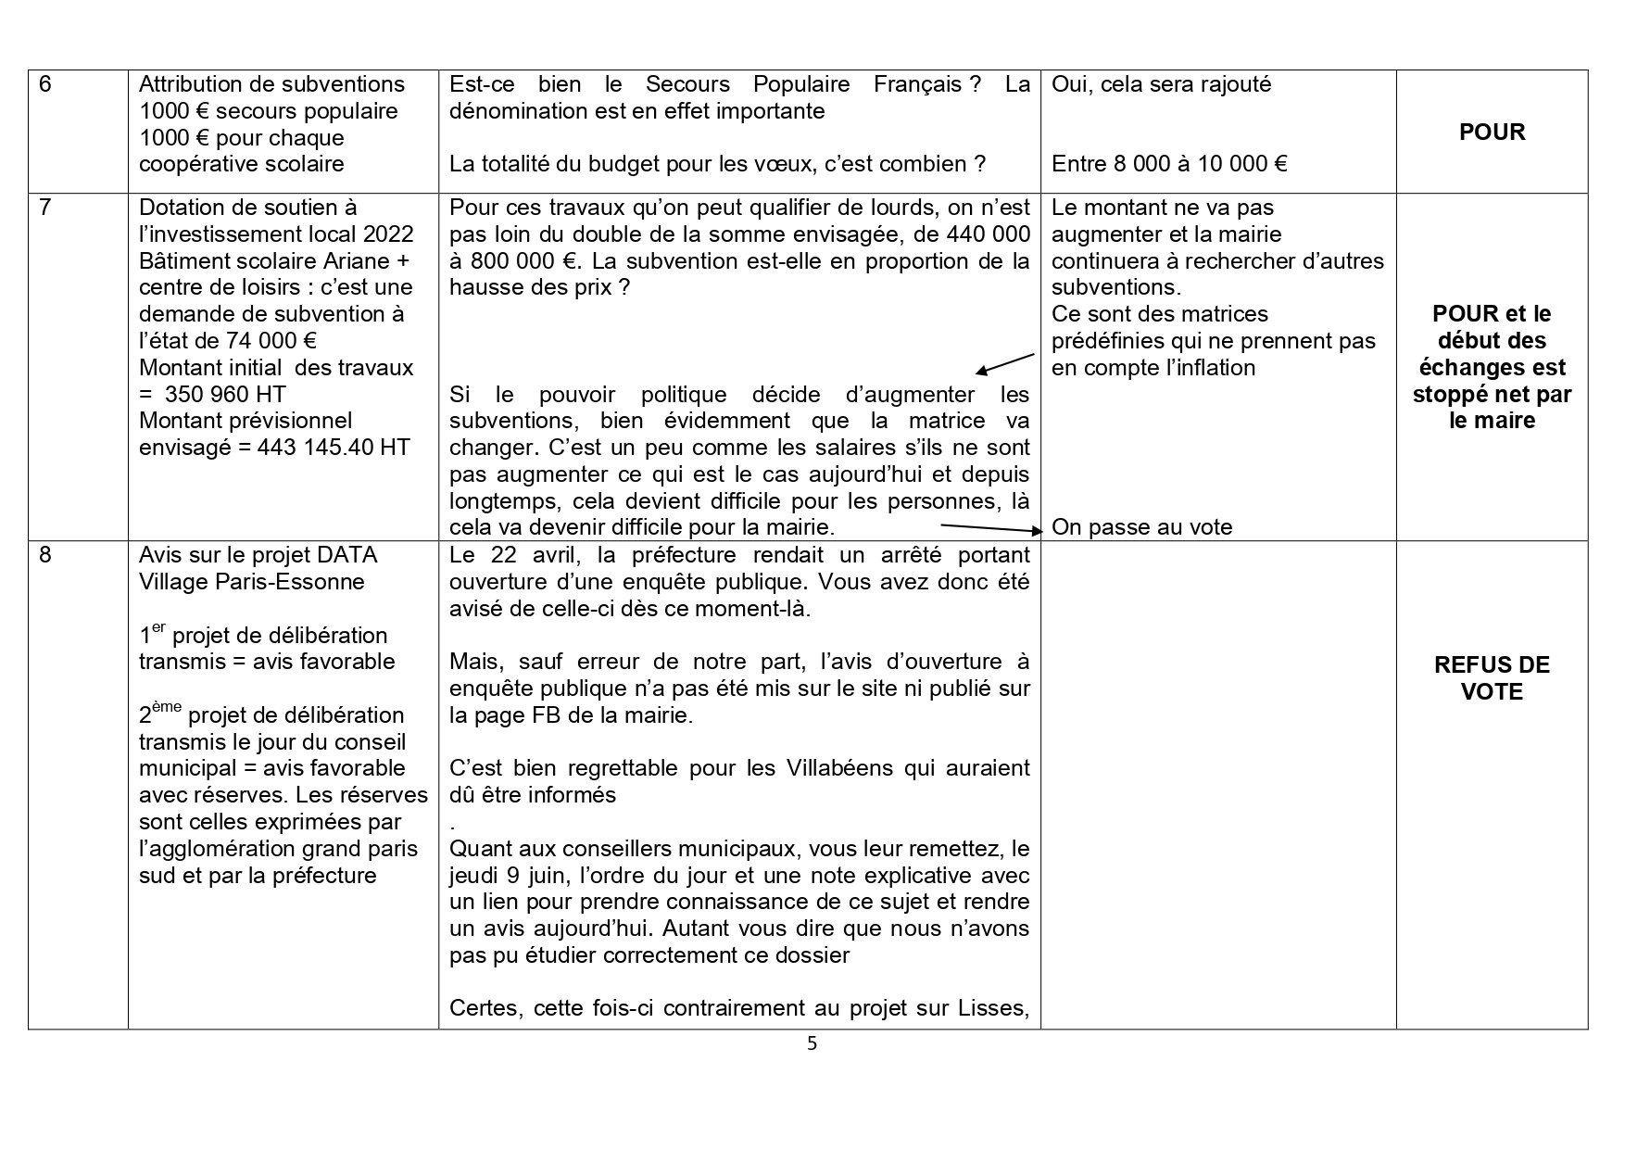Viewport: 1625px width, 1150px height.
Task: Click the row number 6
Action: (x=45, y=84)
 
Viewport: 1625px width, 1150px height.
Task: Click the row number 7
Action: (x=45, y=208)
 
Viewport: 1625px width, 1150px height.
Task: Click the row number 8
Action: (x=45, y=555)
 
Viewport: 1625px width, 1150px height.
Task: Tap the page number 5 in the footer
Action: (x=812, y=1044)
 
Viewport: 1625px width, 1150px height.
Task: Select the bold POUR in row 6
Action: (x=1492, y=132)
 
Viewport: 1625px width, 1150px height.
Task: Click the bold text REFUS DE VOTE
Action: (x=1492, y=678)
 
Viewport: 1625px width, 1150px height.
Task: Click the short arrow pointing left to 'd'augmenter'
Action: (x=1005, y=363)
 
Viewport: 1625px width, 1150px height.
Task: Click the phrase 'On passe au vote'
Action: (x=1141, y=528)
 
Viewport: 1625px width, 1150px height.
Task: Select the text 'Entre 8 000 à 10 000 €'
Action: (x=1169, y=165)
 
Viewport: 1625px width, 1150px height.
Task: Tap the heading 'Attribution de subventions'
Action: (x=271, y=84)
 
